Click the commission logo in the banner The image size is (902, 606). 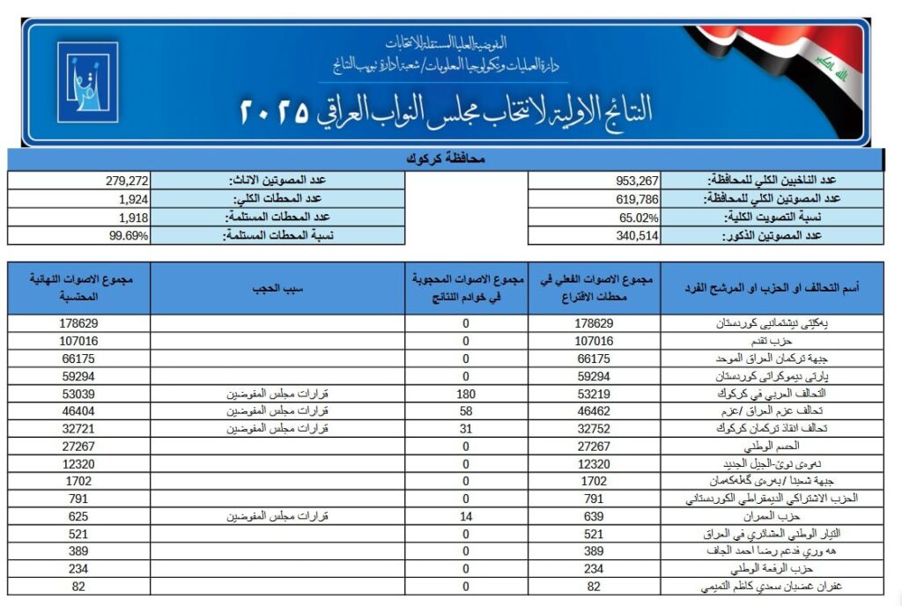pos(87,81)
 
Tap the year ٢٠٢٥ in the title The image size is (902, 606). pos(274,112)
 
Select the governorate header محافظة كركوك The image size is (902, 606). pos(446,159)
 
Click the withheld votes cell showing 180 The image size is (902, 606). pos(466,393)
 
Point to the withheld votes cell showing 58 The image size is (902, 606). pos(466,410)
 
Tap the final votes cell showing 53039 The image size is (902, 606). pos(79,393)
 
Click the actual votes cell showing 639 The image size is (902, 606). pos(595,515)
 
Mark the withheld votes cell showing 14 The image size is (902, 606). pos(466,515)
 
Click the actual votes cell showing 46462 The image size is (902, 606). pos(595,410)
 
